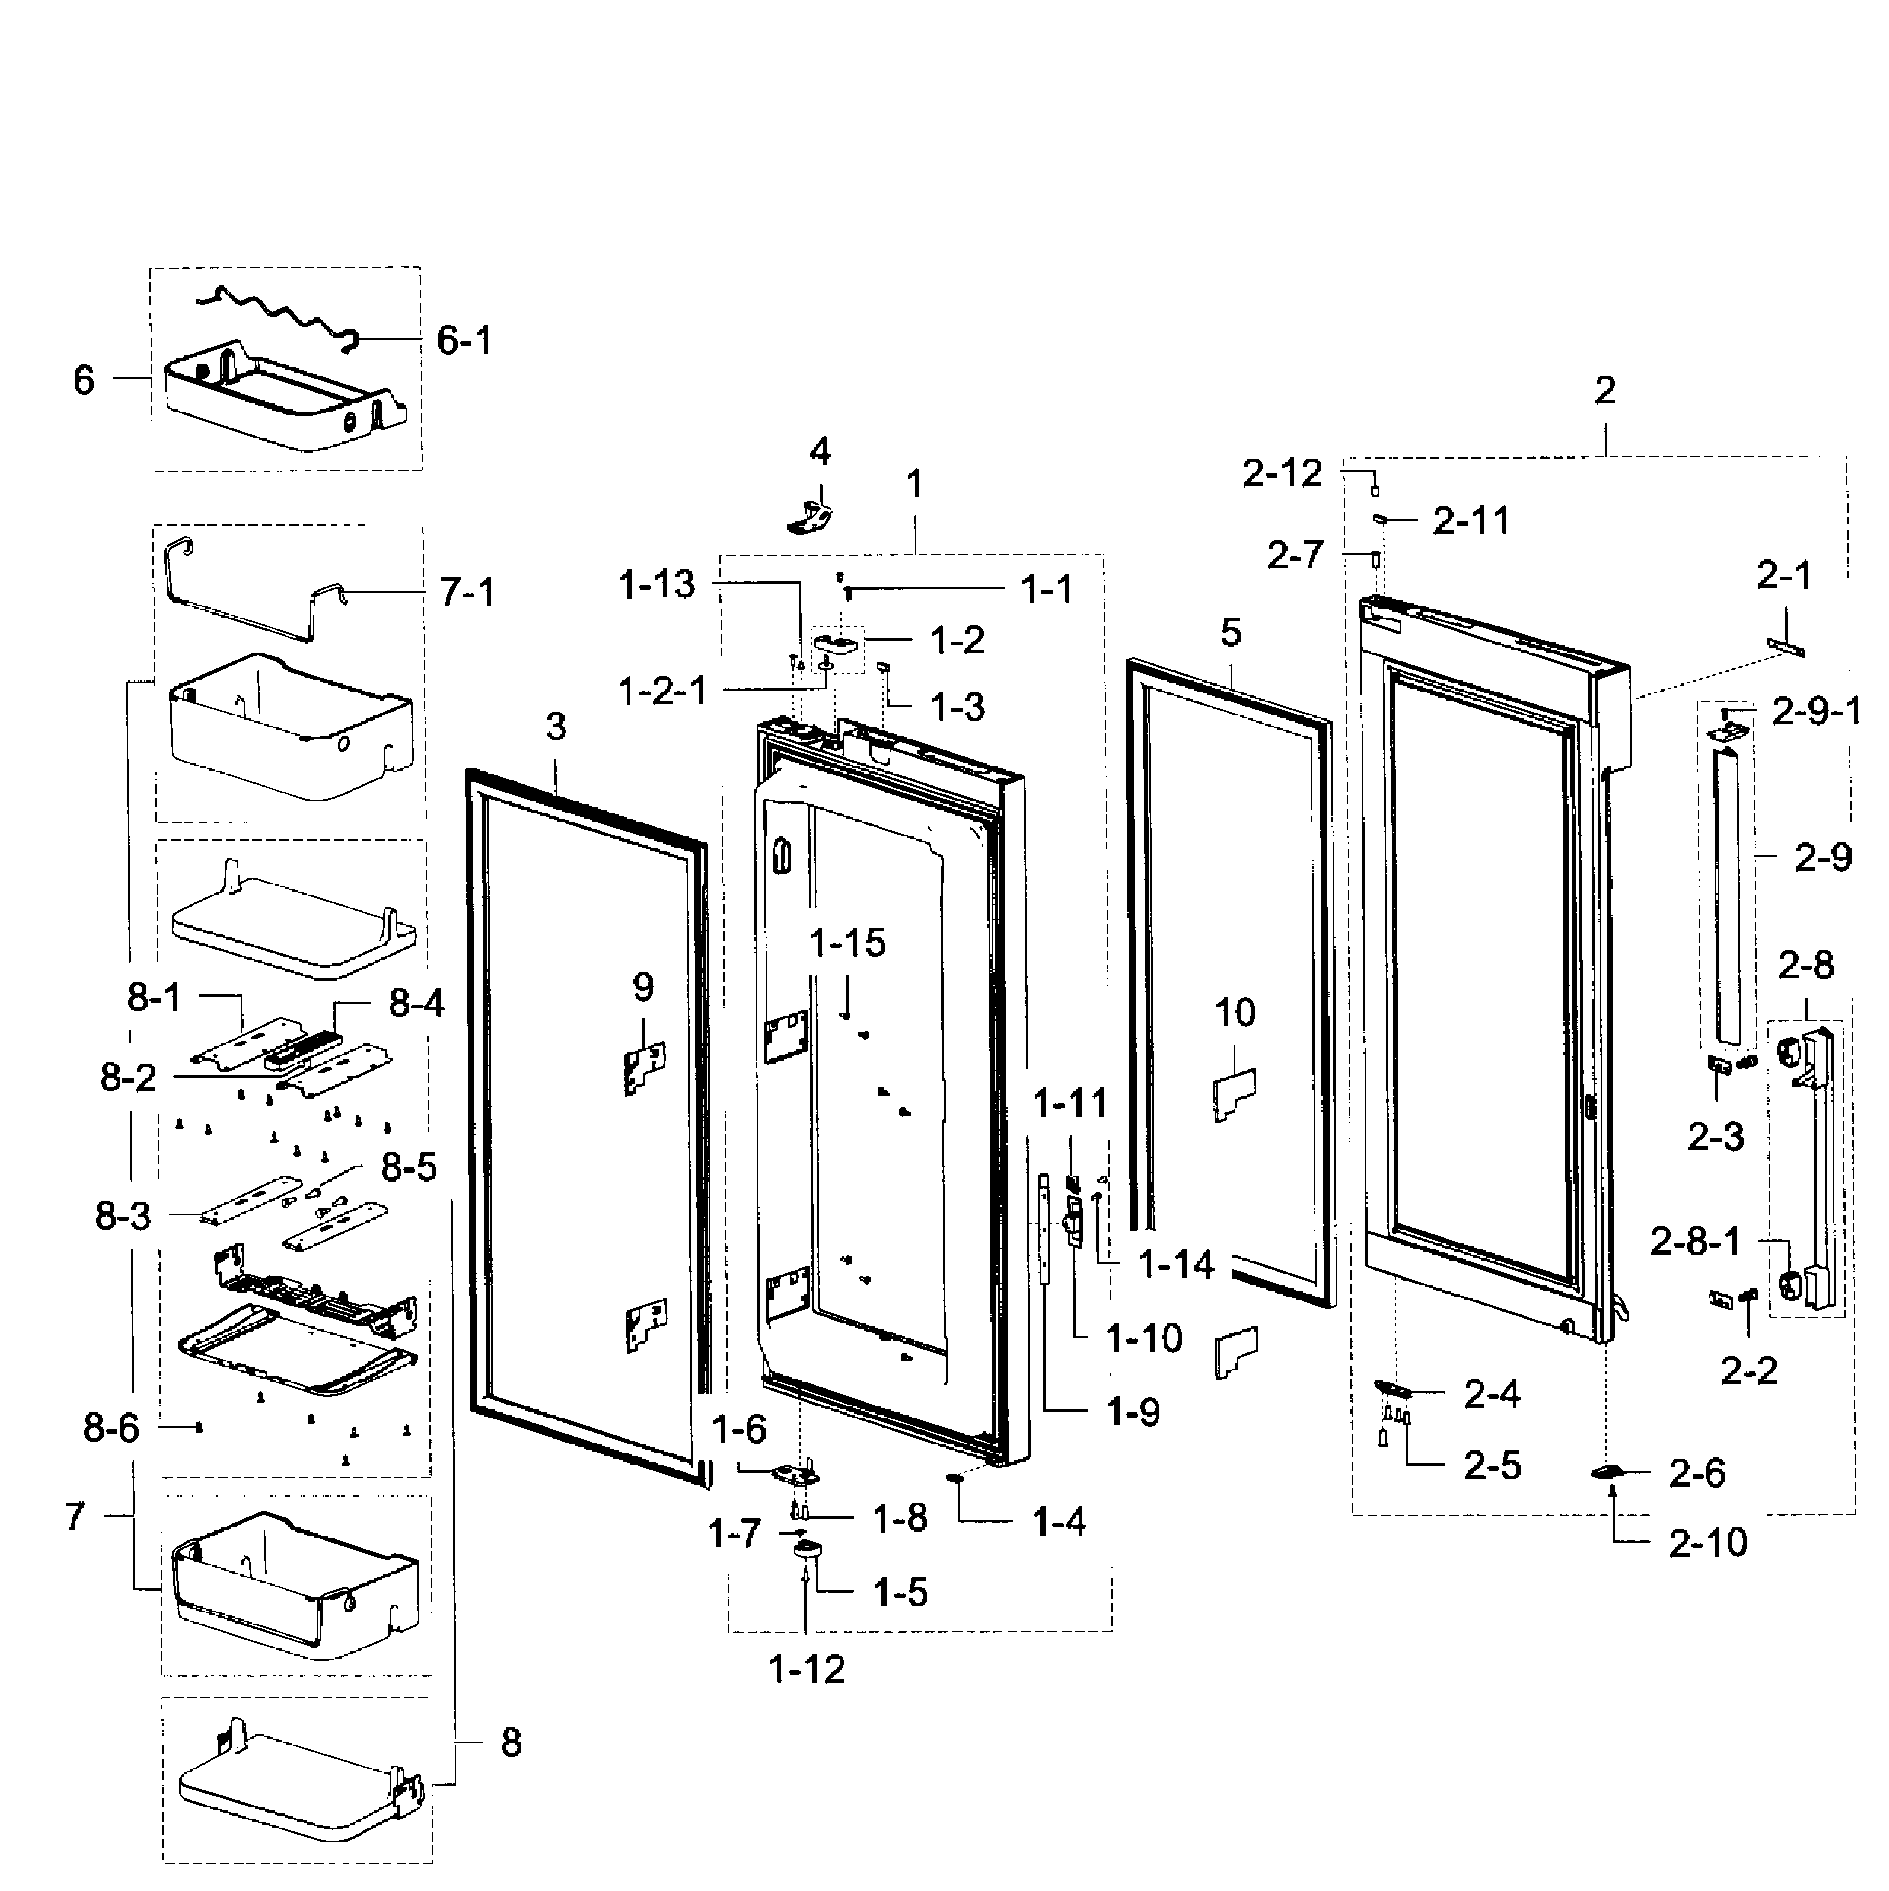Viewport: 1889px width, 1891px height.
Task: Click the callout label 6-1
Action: (x=464, y=341)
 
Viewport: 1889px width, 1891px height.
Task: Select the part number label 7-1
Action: (x=467, y=592)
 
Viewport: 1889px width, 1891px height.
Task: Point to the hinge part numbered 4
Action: (x=810, y=516)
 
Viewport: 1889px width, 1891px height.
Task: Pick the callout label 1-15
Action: (x=848, y=943)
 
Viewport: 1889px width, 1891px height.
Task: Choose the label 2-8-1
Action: (x=1696, y=1242)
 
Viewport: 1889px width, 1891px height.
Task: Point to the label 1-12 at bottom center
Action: (x=807, y=1669)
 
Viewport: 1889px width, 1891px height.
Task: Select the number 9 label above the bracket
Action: (x=643, y=987)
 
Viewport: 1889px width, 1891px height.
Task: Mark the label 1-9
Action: (x=1133, y=1412)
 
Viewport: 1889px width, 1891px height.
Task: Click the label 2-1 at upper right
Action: (x=1783, y=576)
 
